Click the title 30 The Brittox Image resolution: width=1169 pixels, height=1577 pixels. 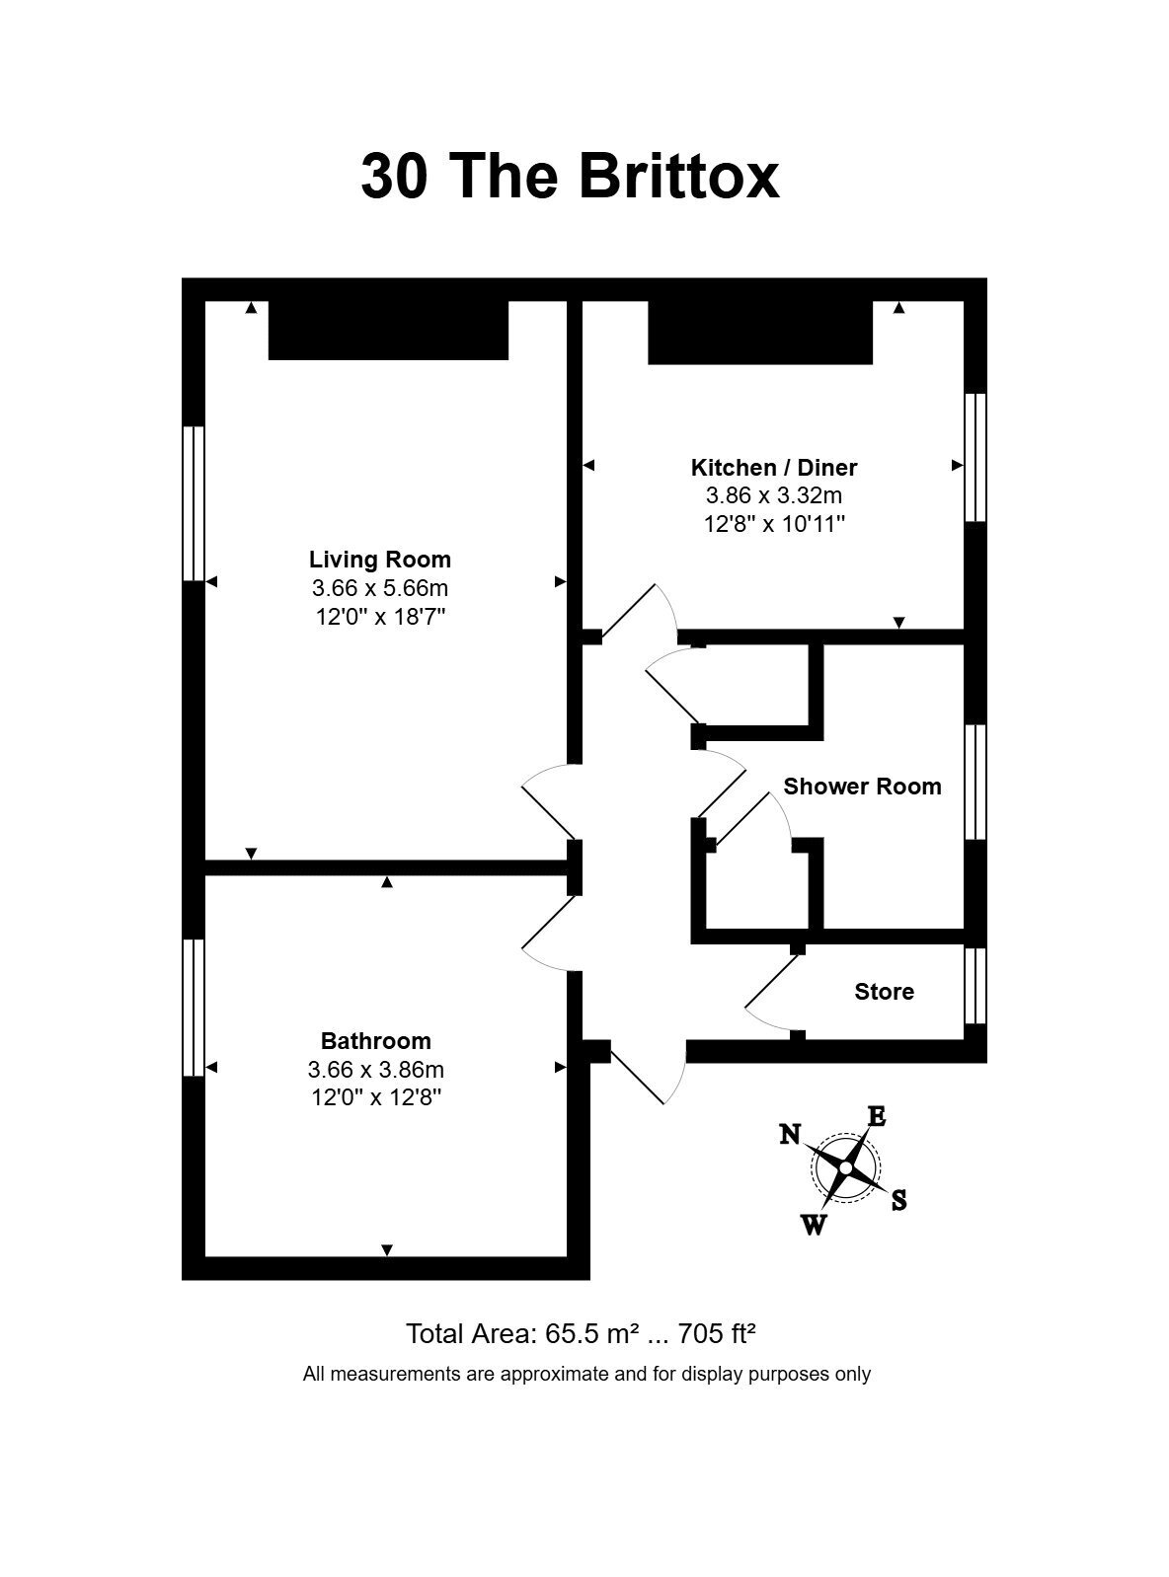coord(570,176)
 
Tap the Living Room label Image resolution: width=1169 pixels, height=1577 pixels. coord(380,560)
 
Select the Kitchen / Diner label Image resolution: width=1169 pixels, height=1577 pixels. coord(774,467)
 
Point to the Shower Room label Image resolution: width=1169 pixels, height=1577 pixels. coord(862,786)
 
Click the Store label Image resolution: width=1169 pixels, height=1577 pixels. coord(885,991)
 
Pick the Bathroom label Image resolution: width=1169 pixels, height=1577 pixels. coord(375,1041)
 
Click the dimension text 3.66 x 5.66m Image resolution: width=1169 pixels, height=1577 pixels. coord(380,588)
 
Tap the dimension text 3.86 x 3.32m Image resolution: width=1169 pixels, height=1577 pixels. coord(774,494)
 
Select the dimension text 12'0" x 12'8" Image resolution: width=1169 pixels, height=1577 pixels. coord(376,1097)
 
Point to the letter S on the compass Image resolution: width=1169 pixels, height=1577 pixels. coord(899,1200)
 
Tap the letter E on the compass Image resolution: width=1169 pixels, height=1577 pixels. coord(878,1117)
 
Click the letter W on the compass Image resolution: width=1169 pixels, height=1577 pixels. coord(814,1225)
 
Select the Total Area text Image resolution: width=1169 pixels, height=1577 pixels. coord(580,1334)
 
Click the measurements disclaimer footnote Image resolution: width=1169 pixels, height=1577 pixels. coord(586,1374)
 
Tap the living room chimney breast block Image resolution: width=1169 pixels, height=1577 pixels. coord(388,330)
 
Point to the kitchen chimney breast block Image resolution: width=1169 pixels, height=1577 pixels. coord(760,333)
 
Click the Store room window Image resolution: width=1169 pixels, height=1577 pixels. coord(975,986)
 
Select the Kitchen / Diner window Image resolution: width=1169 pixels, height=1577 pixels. coord(975,457)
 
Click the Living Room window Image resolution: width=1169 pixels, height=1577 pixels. coord(194,503)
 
